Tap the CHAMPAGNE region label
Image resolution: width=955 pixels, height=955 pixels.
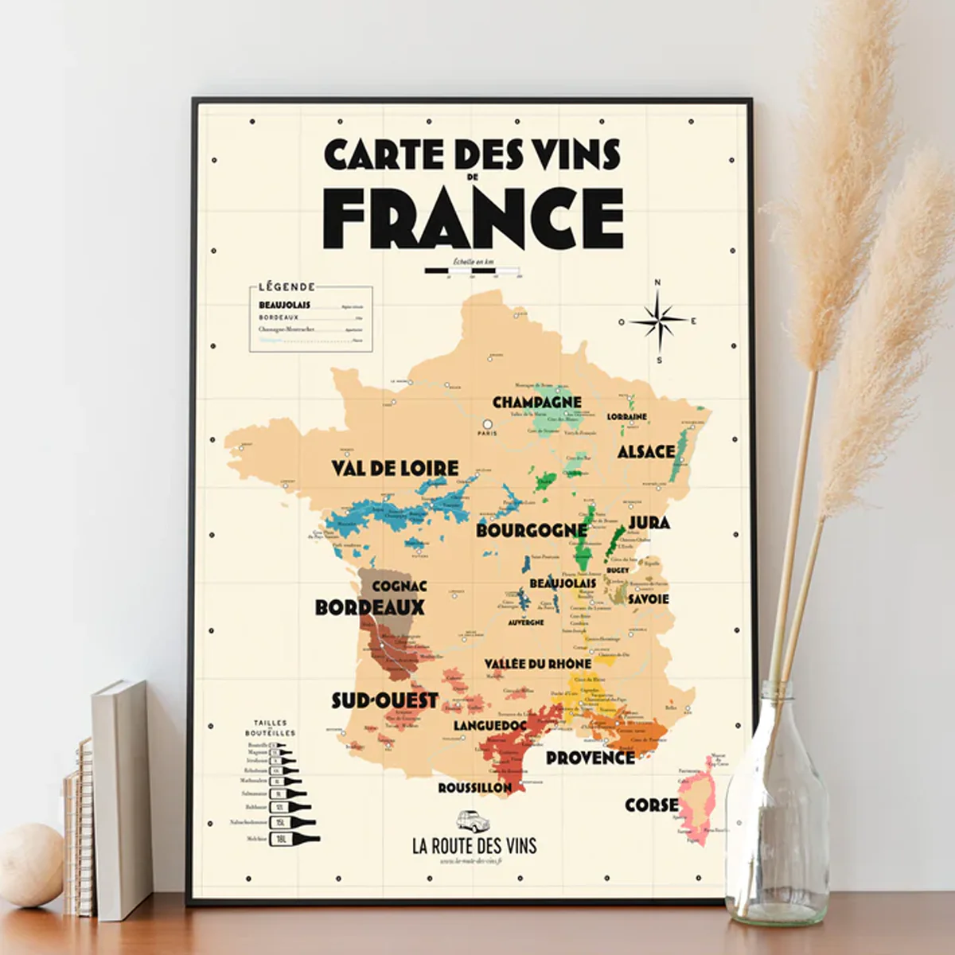536,402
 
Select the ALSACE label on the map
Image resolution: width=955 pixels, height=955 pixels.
645,451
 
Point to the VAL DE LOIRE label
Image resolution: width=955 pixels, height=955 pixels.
395,467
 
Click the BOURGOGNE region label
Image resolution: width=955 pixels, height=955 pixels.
531,530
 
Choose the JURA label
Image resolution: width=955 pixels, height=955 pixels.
649,522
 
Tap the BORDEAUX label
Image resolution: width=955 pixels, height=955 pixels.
369,606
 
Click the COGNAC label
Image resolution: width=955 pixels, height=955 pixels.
400,586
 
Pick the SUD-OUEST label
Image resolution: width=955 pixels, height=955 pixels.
384,700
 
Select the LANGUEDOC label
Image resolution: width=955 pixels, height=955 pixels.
490,726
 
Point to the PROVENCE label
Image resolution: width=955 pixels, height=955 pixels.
591,758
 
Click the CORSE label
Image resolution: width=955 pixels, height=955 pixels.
651,805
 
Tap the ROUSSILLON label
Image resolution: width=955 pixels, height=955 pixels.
474,787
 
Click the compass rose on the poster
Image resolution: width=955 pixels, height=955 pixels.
658,322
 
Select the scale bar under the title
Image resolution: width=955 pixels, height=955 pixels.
473,271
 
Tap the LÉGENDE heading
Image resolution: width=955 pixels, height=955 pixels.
286,286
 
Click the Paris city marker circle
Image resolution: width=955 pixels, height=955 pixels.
487,423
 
